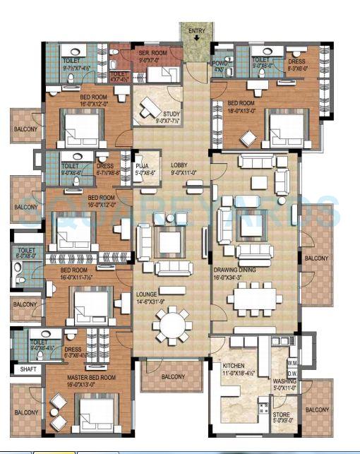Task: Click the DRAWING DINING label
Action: point(233,270)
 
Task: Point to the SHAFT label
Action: point(28,369)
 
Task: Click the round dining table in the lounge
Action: point(172,325)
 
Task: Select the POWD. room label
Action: point(219,65)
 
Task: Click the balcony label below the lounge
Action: point(173,377)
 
